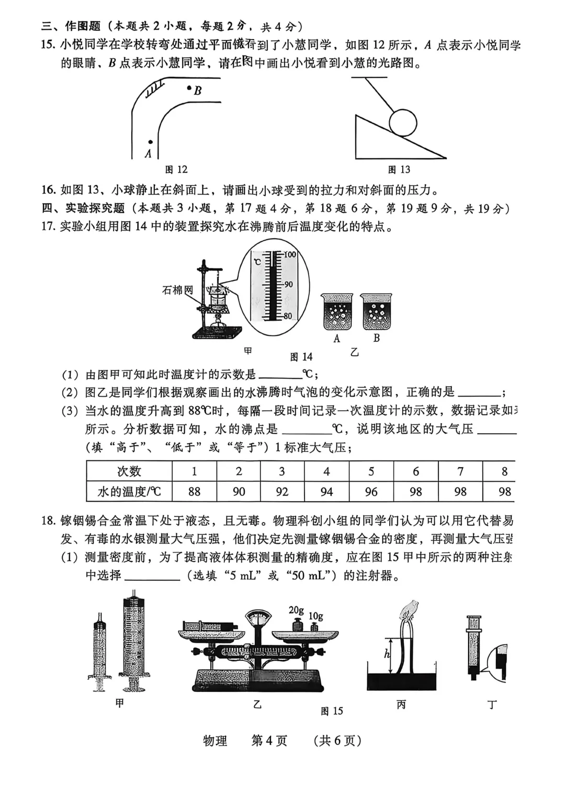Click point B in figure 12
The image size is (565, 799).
pos(190,88)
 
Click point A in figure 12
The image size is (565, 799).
pos(150,142)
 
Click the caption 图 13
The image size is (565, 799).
pos(399,170)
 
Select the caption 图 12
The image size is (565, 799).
pos(176,170)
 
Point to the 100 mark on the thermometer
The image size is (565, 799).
pos(289,255)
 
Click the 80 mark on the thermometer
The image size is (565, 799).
pos(288,316)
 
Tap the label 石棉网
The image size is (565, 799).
pos(177,289)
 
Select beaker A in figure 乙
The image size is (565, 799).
pos(337,312)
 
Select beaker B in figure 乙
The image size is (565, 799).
pos(376,312)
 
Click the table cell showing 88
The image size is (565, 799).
pos(194,492)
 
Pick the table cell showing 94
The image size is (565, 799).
pos(326,492)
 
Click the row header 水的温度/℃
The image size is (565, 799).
pos(129,492)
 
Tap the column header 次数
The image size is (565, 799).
pos(129,471)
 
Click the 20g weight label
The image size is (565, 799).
pos(296,610)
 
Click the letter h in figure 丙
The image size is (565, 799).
pos(387,654)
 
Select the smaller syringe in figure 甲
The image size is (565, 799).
pos(100,649)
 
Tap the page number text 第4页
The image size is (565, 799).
pos(269,741)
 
